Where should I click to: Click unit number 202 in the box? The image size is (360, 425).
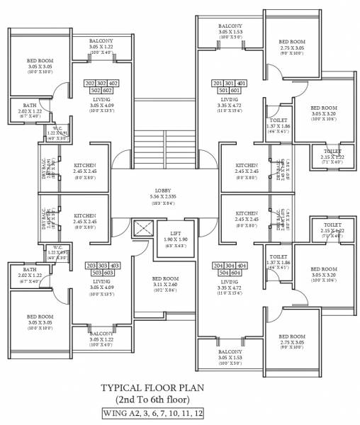coord(91,84)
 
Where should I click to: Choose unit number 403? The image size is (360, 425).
coord(114,266)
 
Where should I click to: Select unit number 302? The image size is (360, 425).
coord(102,84)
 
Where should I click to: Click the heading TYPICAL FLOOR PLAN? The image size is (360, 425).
coord(156,388)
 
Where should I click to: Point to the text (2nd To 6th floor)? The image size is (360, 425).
coord(156,400)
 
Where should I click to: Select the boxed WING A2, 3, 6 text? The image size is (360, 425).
coord(156,414)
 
